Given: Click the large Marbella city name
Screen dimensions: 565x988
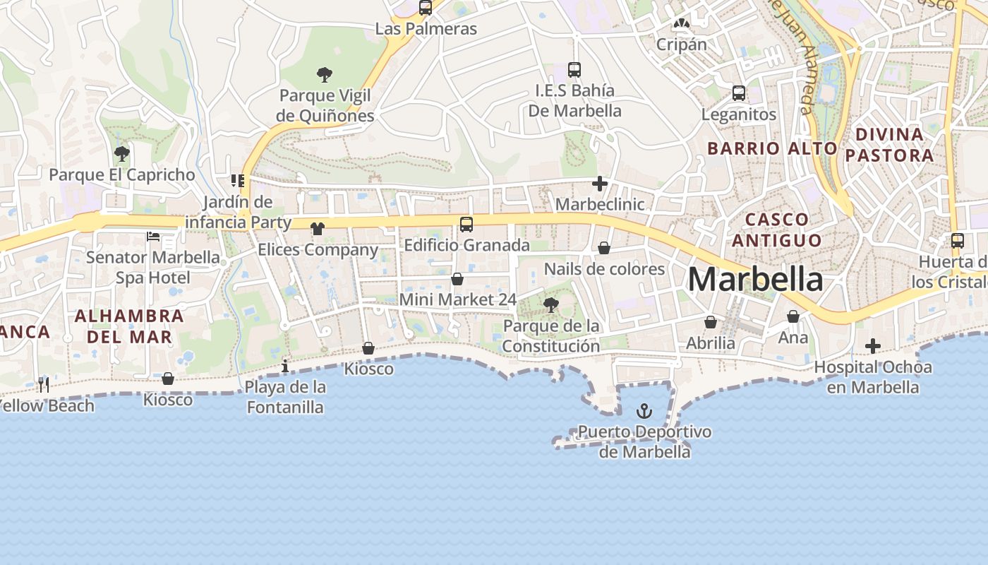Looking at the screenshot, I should (x=755, y=280).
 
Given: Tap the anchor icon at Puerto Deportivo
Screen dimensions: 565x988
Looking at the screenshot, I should (x=644, y=410).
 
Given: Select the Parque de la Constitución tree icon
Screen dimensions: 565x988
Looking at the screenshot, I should (x=551, y=305).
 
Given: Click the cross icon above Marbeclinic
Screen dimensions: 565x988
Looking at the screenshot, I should (x=600, y=184).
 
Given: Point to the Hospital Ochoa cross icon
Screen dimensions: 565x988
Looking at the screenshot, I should (x=873, y=346).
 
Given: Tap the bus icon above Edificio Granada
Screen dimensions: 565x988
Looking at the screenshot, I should (x=466, y=225).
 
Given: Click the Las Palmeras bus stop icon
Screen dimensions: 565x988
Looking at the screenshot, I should (x=426, y=8).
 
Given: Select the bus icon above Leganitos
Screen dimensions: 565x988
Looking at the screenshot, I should (x=739, y=93).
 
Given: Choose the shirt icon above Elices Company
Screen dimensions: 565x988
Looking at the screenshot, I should (x=318, y=229).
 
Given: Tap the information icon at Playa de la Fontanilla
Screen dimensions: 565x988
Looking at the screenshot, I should (x=285, y=366).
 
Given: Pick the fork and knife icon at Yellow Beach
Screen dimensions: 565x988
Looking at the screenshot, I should (x=44, y=384).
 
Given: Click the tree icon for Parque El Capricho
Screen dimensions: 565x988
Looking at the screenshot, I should (x=122, y=153).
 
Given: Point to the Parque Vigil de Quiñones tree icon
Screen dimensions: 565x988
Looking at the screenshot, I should (x=325, y=74).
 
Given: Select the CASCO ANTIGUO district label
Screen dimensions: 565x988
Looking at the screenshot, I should (x=776, y=230).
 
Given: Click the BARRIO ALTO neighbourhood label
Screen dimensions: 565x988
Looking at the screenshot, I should (x=772, y=148).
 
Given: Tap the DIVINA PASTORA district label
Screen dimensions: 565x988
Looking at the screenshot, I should (x=889, y=145).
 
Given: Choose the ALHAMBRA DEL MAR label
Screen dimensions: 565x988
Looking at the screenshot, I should (x=129, y=326).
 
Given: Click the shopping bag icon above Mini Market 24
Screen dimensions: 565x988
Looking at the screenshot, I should (x=457, y=279).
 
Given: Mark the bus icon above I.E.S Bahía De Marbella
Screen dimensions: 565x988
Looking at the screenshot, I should (x=574, y=70).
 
